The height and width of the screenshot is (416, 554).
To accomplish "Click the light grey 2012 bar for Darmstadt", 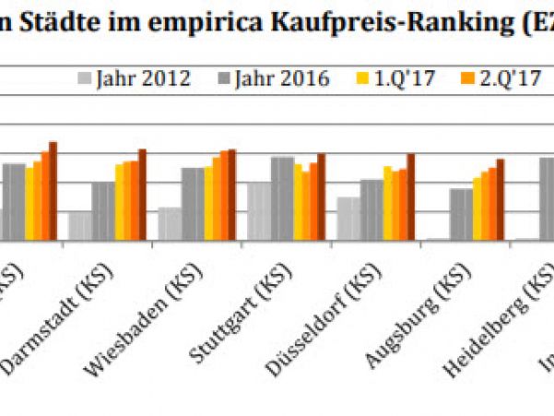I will click(80, 226).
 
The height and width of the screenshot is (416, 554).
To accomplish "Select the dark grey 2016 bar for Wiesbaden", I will click(193, 204).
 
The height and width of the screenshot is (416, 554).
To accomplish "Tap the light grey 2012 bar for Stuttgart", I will click(259, 211).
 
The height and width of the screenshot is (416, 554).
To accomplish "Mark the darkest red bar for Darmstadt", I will click(142, 195).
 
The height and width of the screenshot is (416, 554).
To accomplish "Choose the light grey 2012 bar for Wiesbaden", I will click(170, 223).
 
